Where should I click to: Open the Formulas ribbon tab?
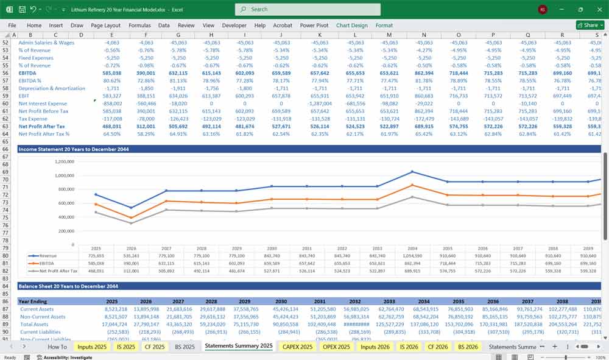pyautogui.click(x=139, y=26)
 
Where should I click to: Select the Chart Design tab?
pyautogui.click(x=352, y=26)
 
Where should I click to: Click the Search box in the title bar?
pyautogui.click(x=308, y=9)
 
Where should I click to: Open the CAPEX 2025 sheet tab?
pyautogui.click(x=298, y=347)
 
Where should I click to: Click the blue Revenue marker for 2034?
pyautogui.click(x=412, y=172)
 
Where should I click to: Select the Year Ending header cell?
pyautogui.click(x=33, y=302)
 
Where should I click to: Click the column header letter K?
pyautogui.click(x=320, y=35)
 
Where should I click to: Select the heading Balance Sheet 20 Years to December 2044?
pyautogui.click(x=68, y=286)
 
